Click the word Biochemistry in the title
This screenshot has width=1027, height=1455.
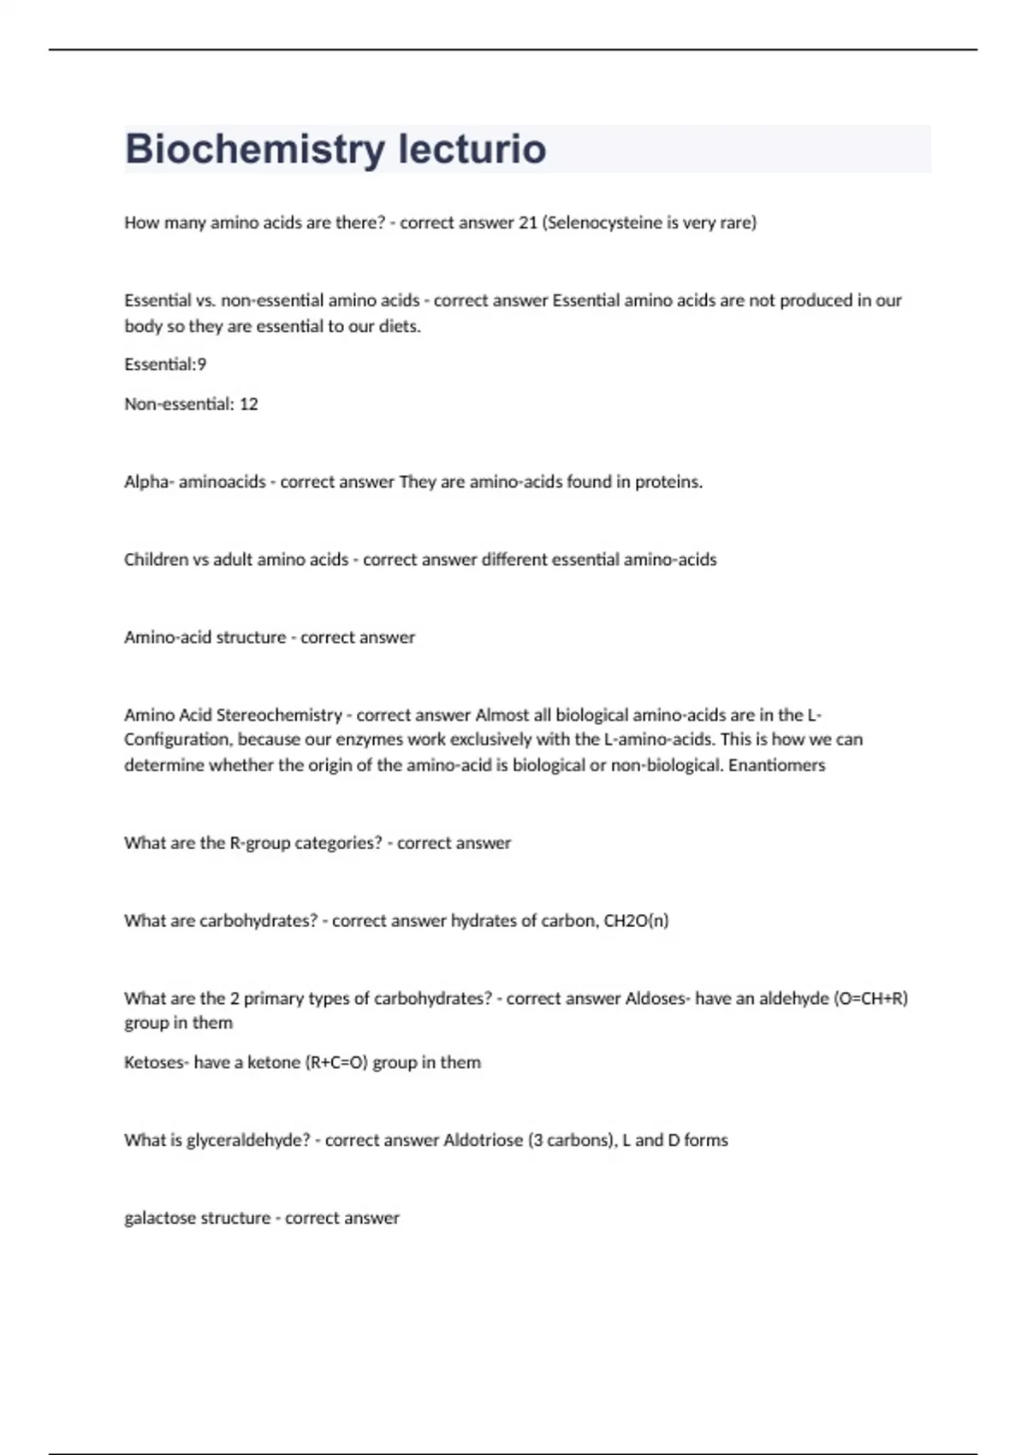255,149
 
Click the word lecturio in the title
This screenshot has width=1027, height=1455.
472,149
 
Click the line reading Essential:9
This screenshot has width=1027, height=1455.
165,365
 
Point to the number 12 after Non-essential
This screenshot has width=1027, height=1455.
248,404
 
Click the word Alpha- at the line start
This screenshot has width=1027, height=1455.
148,482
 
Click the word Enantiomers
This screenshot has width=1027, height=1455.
776,765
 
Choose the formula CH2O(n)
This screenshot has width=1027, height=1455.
636,921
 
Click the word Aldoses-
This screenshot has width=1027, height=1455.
657,998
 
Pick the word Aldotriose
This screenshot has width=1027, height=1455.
483,1140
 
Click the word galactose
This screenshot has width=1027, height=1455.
160,1218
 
